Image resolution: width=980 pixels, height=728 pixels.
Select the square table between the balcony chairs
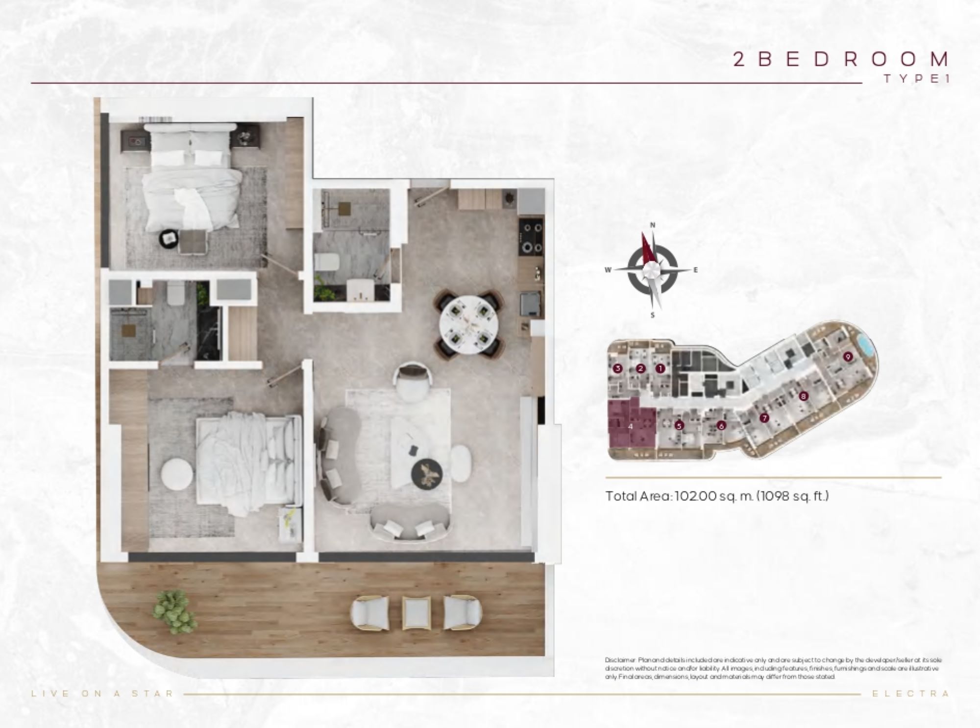coord(416,612)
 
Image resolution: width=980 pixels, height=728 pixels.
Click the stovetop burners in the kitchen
coord(531,237)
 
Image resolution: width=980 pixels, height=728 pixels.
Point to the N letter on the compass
coord(652,225)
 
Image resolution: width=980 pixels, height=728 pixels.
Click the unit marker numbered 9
coord(848,357)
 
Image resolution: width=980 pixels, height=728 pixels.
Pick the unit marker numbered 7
coord(763,418)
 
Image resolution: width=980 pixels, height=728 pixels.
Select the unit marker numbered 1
coord(660,368)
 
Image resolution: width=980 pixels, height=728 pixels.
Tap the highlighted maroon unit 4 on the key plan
coord(631,425)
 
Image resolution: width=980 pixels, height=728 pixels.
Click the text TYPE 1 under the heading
coord(916,78)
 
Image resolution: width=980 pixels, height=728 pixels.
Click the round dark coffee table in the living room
coord(426,474)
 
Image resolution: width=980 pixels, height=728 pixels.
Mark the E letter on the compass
coord(695,270)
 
